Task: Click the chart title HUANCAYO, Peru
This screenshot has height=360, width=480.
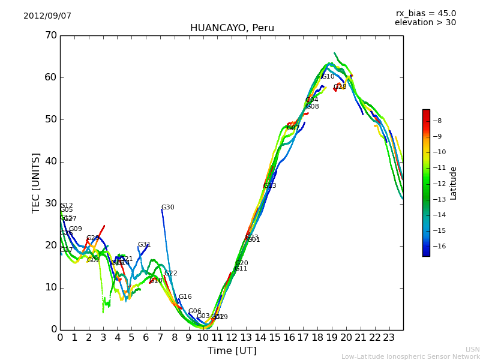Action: [x=232, y=28]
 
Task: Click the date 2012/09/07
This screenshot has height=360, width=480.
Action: [x=47, y=16]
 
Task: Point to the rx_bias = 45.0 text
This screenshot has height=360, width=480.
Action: [x=425, y=13]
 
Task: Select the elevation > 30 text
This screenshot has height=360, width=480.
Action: [x=425, y=23]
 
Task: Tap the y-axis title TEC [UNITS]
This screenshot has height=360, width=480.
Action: [x=36, y=182]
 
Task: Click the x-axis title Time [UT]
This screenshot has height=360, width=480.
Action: [x=232, y=351]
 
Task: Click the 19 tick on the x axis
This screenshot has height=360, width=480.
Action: [x=332, y=338]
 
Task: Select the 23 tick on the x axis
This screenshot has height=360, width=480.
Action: [x=389, y=338]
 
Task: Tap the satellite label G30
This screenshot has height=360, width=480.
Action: [x=167, y=208]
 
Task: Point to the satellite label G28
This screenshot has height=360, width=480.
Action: [x=340, y=87]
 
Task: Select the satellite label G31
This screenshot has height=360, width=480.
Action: [x=144, y=245]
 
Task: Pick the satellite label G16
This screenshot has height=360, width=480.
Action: [x=185, y=297]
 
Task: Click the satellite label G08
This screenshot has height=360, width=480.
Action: [x=312, y=107]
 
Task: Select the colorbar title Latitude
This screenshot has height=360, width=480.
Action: [x=454, y=183]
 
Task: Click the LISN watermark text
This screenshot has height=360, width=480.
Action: [x=472, y=349]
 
